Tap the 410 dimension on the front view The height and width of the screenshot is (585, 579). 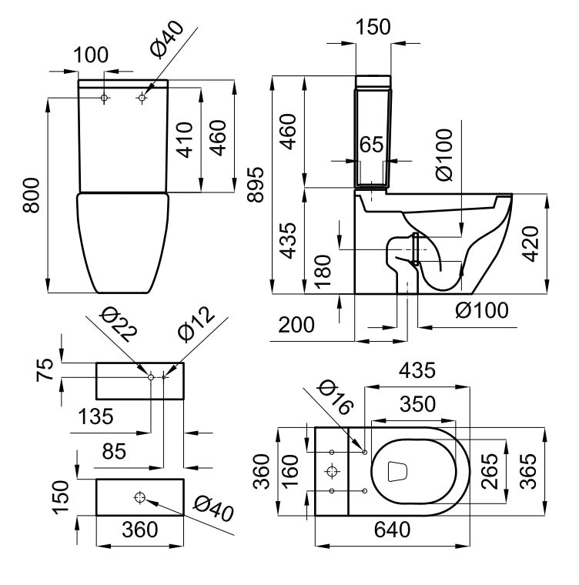tap(185, 139)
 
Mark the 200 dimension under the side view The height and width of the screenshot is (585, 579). tap(296, 326)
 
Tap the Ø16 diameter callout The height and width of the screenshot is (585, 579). tap(333, 396)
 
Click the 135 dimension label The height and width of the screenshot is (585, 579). tap(96, 416)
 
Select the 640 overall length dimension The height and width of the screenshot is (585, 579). tap(393, 530)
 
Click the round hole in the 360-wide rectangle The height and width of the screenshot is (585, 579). tap(139, 496)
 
